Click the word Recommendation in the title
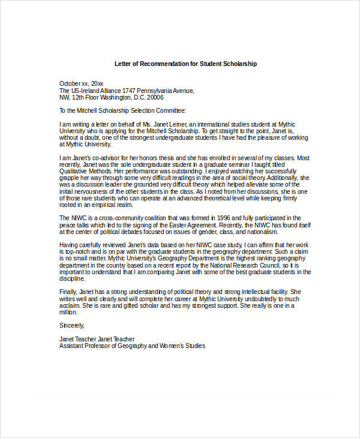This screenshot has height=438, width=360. [167, 64]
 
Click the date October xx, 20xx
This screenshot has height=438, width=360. [81, 83]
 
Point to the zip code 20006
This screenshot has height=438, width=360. [155, 97]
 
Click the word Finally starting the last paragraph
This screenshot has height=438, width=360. [68, 292]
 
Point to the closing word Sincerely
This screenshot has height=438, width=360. [72, 325]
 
